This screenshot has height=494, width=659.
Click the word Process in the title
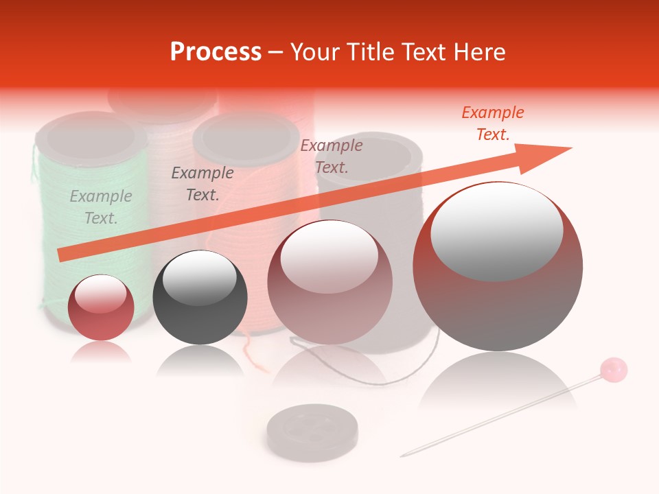tap(216, 52)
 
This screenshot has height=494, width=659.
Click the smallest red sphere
tap(101, 307)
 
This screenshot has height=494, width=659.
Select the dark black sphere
tap(200, 297)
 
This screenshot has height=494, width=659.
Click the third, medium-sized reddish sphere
tap(329, 282)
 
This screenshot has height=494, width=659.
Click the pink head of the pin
tap(614, 369)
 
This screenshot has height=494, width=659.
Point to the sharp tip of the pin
tap(403, 455)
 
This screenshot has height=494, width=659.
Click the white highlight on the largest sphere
tap(496, 230)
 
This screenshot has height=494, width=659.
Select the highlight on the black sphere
tap(199, 277)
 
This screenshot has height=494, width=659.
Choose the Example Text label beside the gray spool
tap(332, 156)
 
